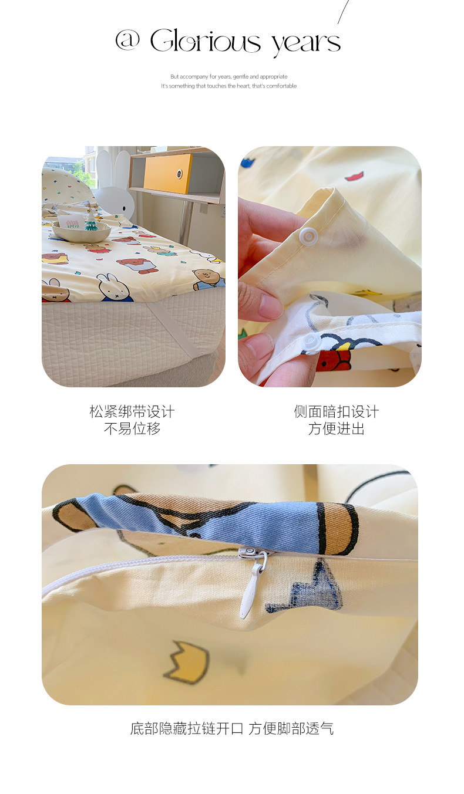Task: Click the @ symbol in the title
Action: (127, 40)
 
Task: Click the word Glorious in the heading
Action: (206, 40)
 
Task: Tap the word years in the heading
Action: (306, 44)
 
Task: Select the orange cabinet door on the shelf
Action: (168, 173)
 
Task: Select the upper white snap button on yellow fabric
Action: (307, 236)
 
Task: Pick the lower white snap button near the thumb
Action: (310, 343)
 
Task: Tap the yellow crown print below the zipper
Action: (186, 663)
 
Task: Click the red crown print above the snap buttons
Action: (355, 176)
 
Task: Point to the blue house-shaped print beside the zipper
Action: (305, 587)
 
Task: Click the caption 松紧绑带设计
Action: (132, 411)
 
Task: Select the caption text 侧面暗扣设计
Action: (337, 411)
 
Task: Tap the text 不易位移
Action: (132, 428)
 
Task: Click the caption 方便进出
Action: (337, 428)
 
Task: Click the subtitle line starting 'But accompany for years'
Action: (229, 76)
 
